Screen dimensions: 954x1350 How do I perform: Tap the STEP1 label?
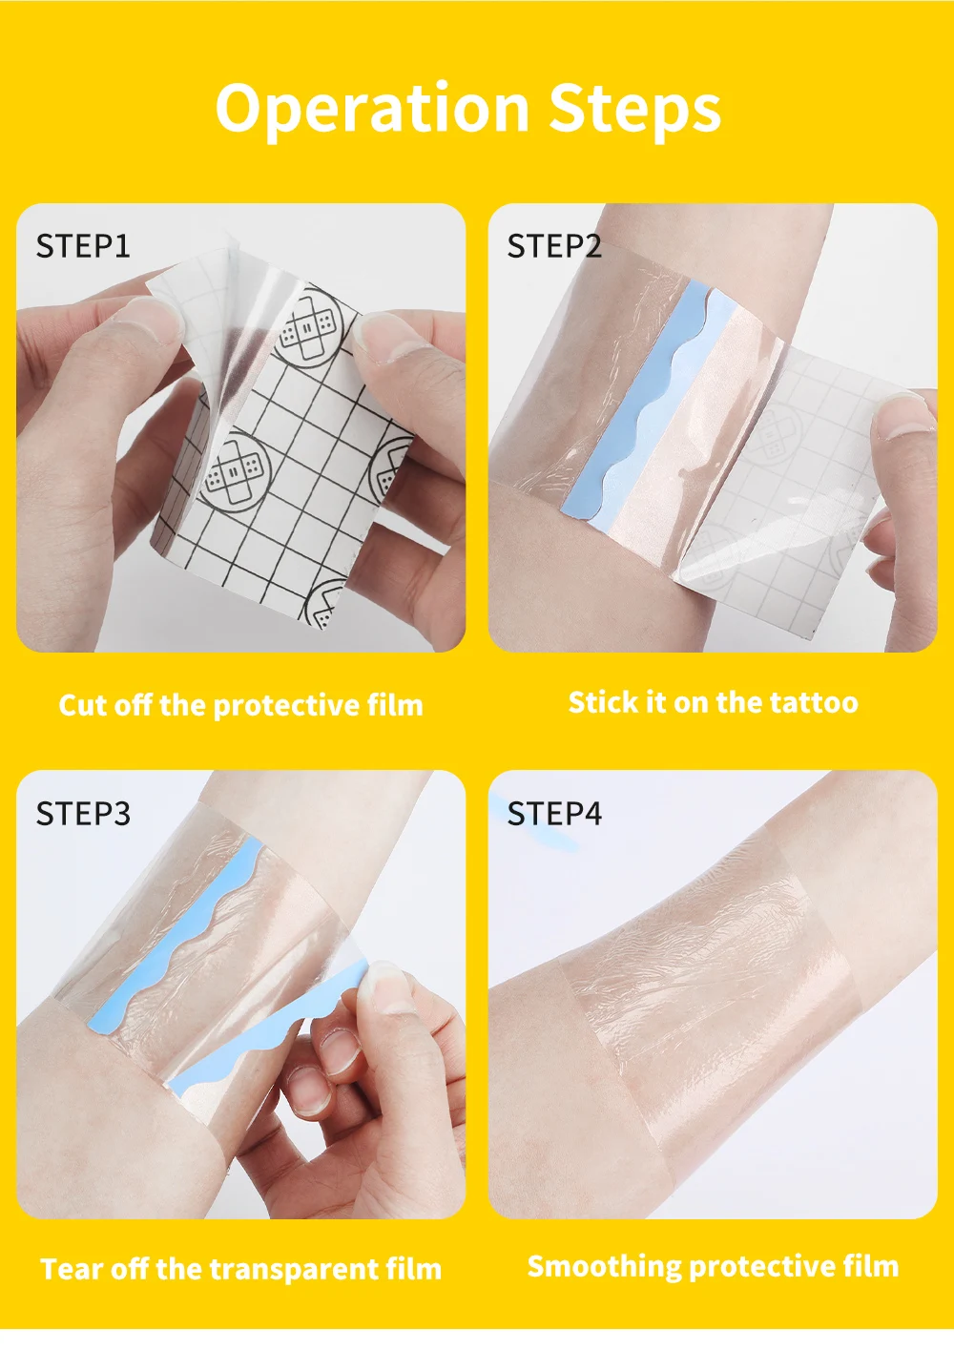83,246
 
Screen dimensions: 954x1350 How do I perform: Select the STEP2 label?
554,246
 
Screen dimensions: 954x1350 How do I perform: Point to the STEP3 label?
83,813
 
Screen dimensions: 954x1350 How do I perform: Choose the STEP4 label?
554,813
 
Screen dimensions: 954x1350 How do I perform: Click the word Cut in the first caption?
82,704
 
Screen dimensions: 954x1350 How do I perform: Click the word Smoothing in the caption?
605,1266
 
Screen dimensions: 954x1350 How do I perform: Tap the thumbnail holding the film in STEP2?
904,415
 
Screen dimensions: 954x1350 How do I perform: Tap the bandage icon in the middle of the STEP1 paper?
234,472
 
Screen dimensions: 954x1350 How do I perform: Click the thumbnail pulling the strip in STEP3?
385,987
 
